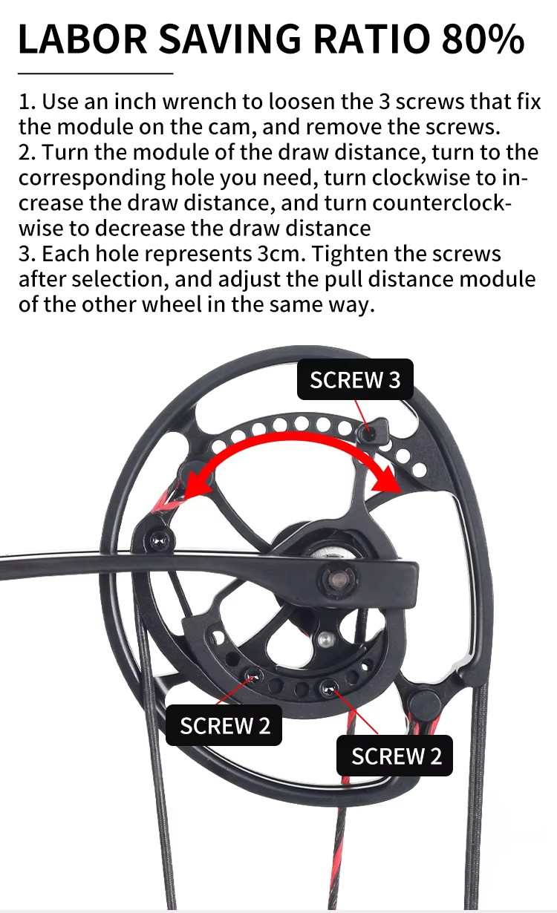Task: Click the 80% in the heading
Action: click(x=483, y=39)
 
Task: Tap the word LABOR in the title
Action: click(x=82, y=39)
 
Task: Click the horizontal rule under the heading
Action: click(x=96, y=73)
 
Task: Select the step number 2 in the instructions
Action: click(x=25, y=152)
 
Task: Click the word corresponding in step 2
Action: click(x=92, y=178)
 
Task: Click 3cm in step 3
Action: click(x=281, y=254)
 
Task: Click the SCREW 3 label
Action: click(x=355, y=379)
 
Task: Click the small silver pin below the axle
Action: click(x=325, y=639)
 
